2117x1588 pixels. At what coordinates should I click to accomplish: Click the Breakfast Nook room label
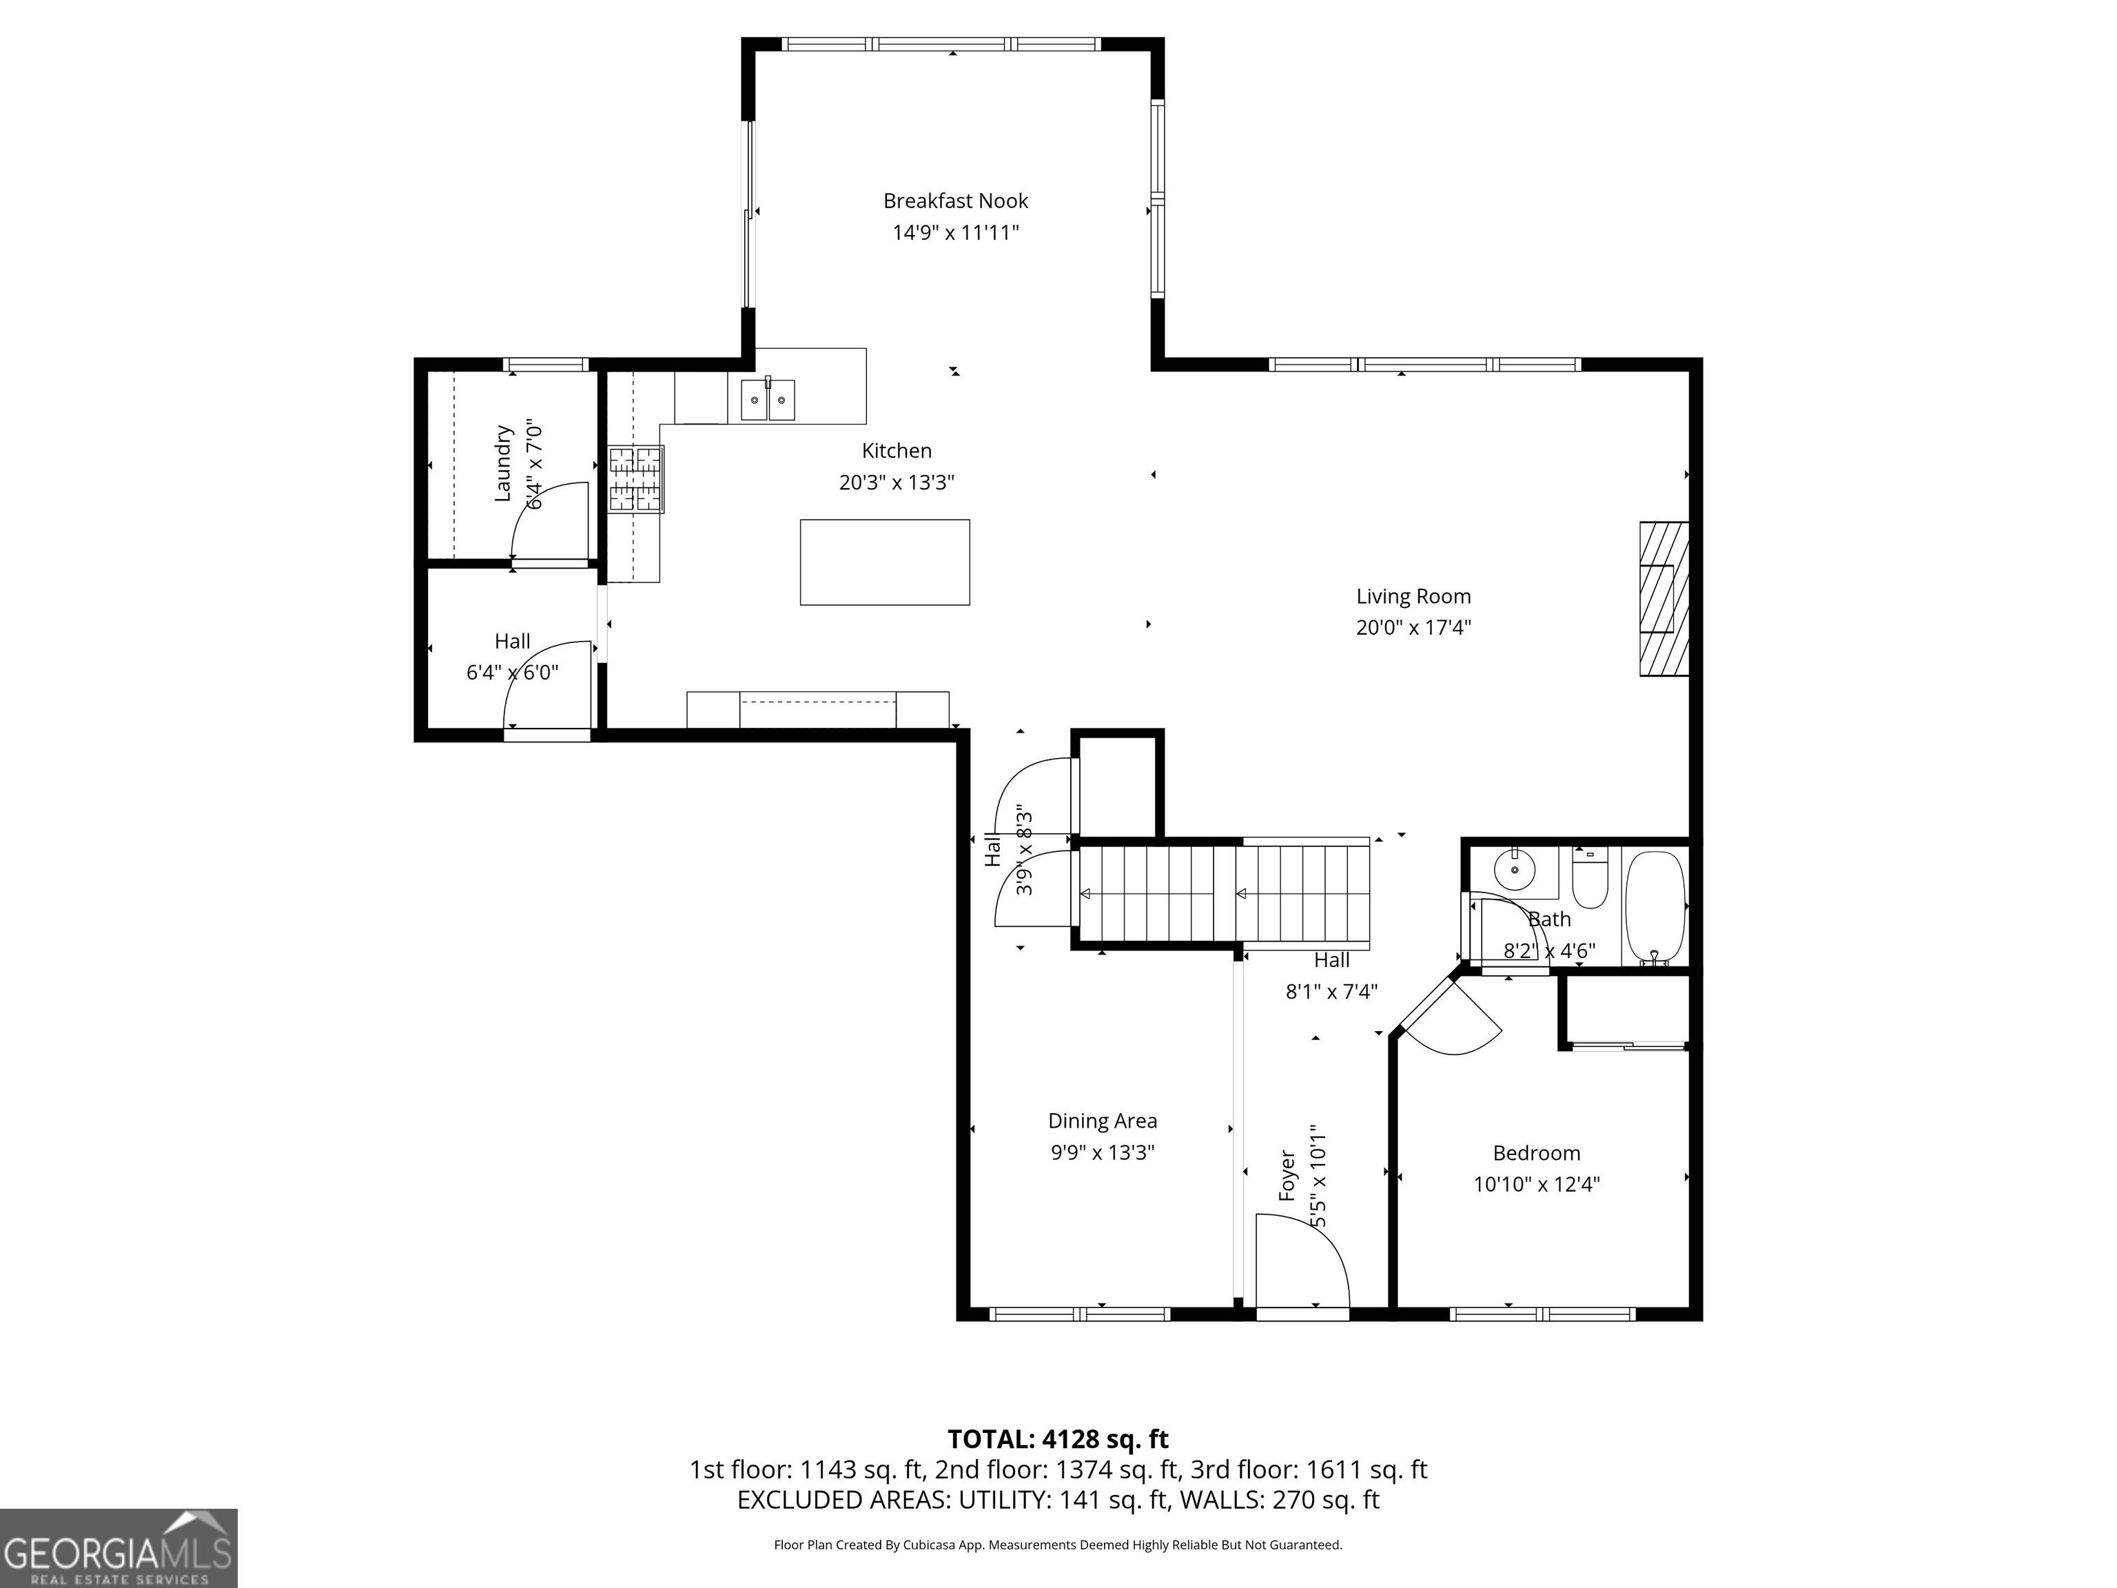955,201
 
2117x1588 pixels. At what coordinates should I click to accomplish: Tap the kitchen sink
768,398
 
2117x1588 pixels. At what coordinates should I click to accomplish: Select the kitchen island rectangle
884,562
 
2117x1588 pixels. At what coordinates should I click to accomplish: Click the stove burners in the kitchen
635,478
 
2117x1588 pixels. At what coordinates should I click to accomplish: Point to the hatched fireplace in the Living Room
1664,599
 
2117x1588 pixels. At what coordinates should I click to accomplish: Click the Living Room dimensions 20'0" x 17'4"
1413,628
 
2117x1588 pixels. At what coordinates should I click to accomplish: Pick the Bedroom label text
1536,1153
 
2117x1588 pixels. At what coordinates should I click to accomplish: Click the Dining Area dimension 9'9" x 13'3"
1103,1152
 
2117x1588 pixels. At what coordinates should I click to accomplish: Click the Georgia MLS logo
119,1549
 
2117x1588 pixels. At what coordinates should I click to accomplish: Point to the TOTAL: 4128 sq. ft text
1058,1438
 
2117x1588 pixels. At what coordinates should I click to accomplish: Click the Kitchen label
897,451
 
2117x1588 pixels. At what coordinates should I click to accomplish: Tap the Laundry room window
546,364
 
